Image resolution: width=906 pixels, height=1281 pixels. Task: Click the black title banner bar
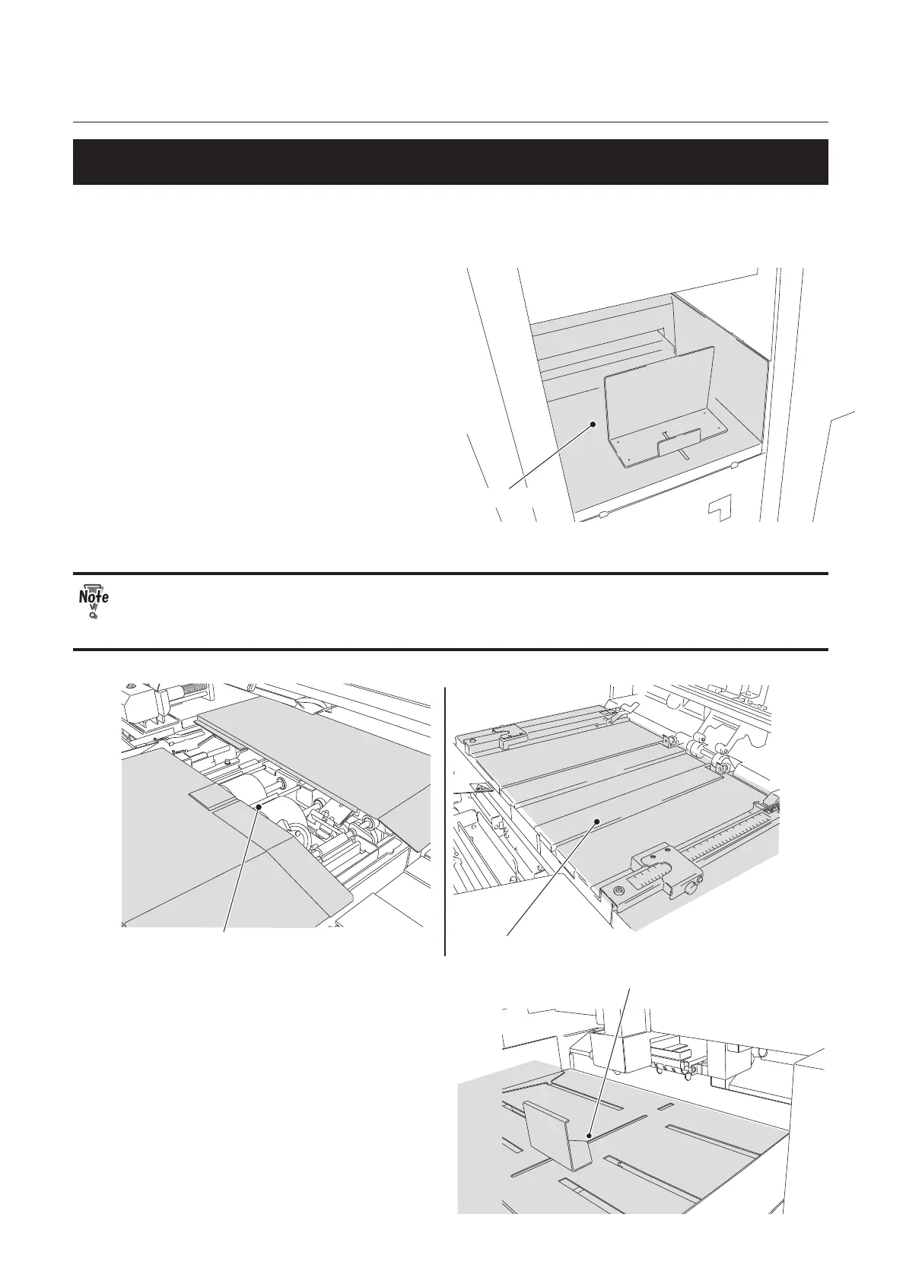[450, 161]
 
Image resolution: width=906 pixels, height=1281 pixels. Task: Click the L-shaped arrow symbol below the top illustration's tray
[719, 507]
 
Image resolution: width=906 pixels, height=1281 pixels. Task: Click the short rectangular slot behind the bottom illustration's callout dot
[665, 1105]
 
